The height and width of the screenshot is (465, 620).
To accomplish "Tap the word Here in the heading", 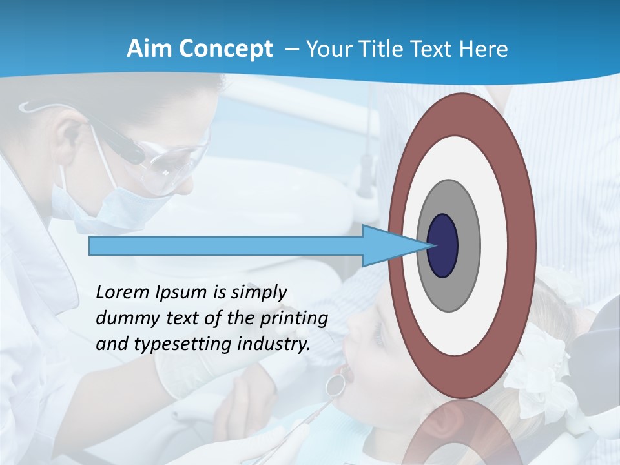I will (x=485, y=49).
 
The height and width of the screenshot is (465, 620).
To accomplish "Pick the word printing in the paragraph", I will (x=293, y=318).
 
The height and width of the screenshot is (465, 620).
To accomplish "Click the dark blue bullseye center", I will (x=442, y=245).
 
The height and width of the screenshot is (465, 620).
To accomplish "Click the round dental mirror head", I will (x=335, y=384).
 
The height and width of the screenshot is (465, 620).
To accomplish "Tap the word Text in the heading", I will (x=439, y=49).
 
